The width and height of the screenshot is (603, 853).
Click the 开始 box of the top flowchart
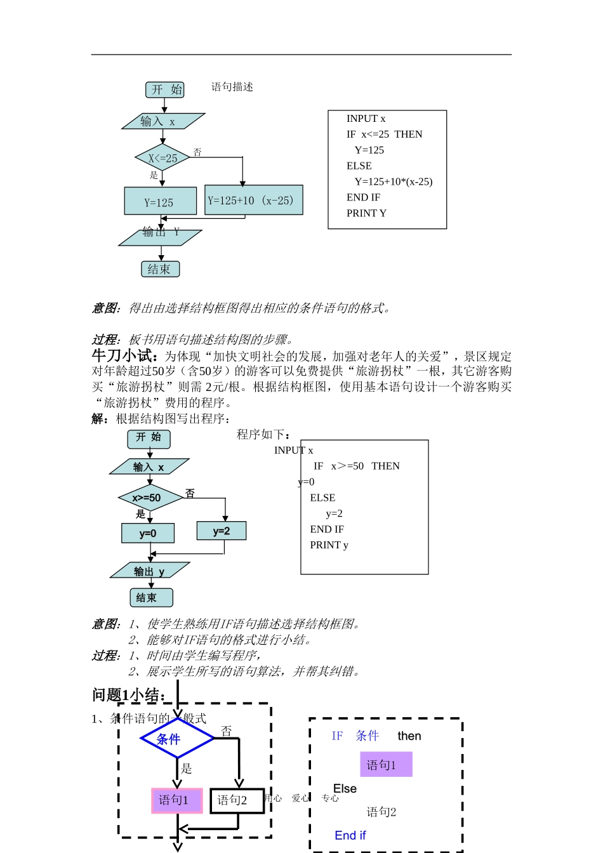point(165,89)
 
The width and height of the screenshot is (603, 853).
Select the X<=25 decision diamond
point(162,158)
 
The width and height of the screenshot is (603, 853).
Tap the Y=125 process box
point(160,202)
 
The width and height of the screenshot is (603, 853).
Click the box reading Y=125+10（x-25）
point(253,201)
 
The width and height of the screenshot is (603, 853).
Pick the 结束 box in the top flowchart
point(160,269)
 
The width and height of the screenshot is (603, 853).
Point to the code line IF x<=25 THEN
point(384,135)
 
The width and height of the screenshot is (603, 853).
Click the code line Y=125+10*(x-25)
point(393,182)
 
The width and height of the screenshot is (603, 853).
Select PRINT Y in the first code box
point(366,213)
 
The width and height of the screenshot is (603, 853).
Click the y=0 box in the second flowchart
point(148,533)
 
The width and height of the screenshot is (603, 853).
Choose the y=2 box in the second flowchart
point(221,531)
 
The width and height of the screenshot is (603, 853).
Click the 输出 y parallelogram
point(149,571)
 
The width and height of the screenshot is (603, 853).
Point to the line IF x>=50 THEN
point(357,466)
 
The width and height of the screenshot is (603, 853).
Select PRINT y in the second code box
point(329,545)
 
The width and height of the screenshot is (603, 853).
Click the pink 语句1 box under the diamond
point(176,800)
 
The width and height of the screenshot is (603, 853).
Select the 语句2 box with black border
point(236,800)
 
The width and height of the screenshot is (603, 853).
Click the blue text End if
point(350,836)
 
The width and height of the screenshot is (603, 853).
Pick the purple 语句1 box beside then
point(385,765)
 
